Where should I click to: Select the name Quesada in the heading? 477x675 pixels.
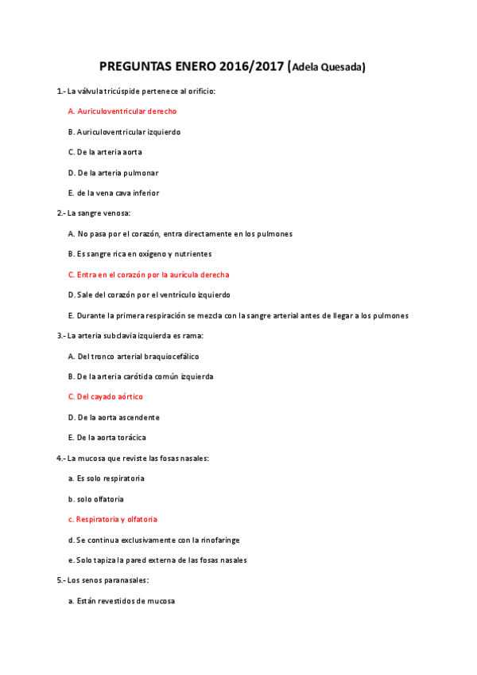(343, 68)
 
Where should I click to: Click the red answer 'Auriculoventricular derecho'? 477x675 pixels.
(122, 111)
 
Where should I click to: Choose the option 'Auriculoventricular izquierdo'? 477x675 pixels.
(124, 131)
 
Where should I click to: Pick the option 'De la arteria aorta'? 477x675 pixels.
(105, 152)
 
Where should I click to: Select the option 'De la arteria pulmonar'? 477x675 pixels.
(113, 173)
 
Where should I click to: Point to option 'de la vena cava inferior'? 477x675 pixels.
(114, 193)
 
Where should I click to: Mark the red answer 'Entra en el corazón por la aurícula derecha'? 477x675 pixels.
(149, 275)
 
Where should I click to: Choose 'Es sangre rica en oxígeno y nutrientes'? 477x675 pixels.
(140, 254)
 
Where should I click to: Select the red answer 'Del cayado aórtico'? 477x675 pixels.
(106, 396)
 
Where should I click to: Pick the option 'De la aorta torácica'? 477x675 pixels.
(107, 438)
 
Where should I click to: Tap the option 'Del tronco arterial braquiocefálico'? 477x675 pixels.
(134, 356)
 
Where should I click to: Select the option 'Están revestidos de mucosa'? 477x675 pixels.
(122, 601)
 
